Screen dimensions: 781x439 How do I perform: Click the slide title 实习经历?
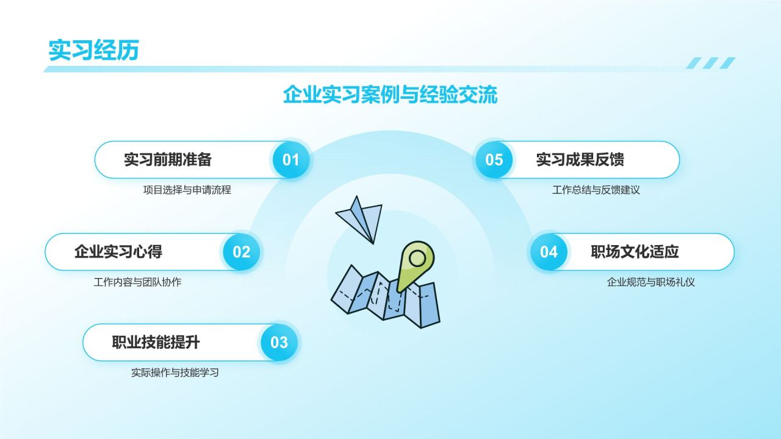click(94, 50)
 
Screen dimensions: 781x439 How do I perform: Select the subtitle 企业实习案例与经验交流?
click(390, 94)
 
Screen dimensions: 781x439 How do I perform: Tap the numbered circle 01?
click(291, 160)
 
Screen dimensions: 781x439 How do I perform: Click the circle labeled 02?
click(242, 252)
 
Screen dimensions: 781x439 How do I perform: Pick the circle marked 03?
click(279, 343)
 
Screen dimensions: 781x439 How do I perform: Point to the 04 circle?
click(549, 252)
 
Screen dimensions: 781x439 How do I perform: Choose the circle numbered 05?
click(494, 160)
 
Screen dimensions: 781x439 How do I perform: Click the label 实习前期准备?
click(168, 160)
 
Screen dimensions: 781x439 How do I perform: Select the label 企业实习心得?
click(118, 252)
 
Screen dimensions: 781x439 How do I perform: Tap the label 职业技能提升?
click(156, 342)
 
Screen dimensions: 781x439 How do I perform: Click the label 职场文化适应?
click(635, 252)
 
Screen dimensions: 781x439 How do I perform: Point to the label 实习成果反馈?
click(580, 160)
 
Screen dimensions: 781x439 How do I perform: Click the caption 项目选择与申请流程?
click(187, 190)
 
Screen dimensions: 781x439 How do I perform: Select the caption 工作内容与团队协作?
click(137, 282)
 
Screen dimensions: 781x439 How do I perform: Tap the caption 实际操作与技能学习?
click(175, 373)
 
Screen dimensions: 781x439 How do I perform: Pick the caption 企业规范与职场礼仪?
click(650, 282)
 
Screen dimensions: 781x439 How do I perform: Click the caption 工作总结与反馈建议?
click(596, 190)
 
